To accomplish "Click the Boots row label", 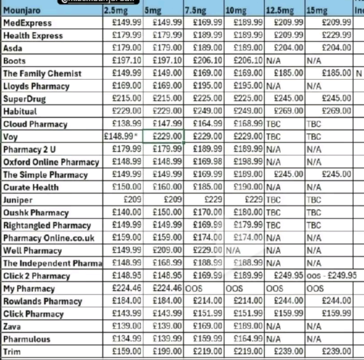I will pos(14,61).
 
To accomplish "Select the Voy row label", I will pos(9,137).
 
